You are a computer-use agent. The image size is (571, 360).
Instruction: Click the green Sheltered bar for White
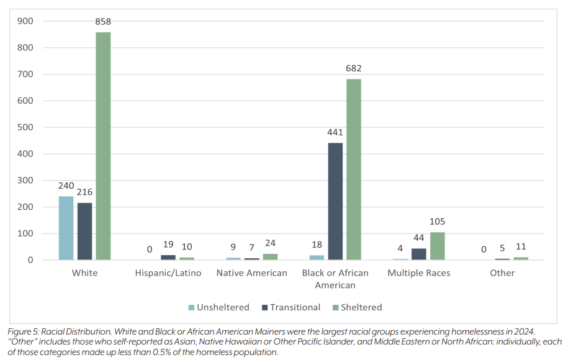[103, 146]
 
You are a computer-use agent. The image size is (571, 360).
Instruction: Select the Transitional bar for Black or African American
[335, 201]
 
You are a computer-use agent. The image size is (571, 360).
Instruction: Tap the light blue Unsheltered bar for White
[66, 228]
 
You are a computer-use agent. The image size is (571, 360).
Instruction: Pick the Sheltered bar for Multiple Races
[437, 246]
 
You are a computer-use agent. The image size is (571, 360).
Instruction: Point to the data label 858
[103, 22]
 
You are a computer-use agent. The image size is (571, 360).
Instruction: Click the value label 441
[335, 132]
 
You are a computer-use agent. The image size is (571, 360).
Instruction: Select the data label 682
[354, 68]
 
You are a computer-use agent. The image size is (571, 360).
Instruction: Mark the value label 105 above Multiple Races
[437, 222]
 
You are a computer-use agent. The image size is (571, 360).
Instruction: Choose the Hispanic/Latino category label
[168, 273]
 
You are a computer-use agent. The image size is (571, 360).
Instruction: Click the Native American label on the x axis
[251, 273]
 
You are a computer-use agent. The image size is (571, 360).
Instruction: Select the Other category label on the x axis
[502, 273]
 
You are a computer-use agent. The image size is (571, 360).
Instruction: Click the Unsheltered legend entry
[218, 307]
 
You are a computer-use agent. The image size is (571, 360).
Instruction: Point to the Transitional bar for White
[84, 231]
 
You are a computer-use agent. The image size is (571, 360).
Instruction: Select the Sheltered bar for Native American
[270, 256]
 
